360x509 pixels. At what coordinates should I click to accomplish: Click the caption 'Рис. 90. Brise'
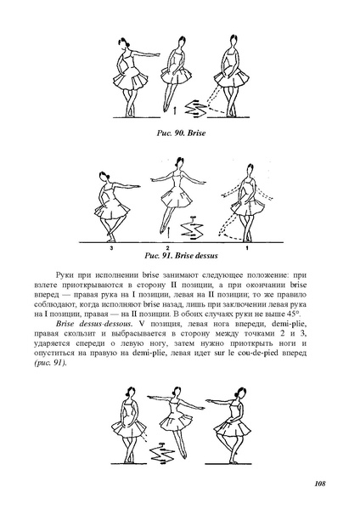tap(180, 133)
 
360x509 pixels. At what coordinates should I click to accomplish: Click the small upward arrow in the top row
tap(175, 109)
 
